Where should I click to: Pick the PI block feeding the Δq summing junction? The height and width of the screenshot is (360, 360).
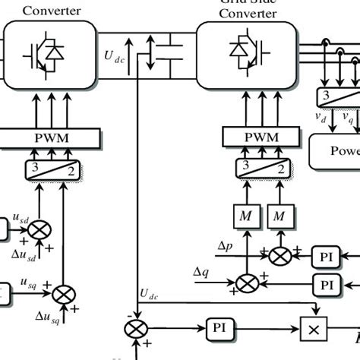click(328, 284)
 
